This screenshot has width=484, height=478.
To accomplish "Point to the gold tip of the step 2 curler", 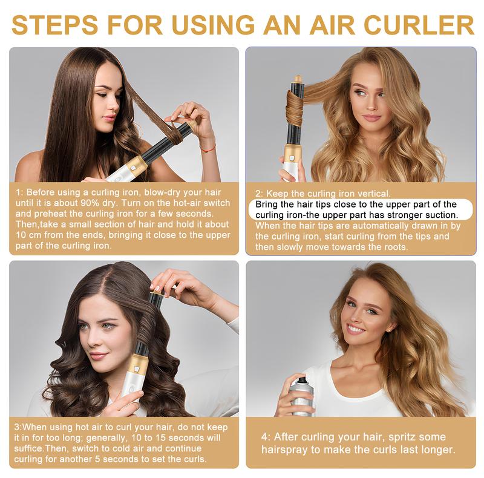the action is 298,79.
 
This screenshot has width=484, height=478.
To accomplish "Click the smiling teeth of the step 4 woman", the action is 358,330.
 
